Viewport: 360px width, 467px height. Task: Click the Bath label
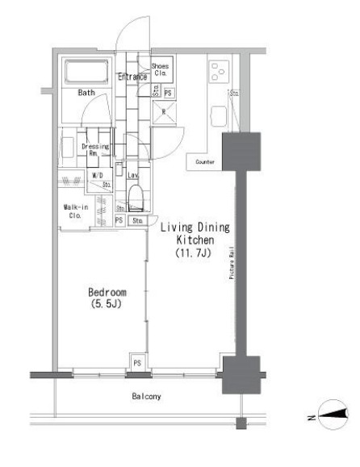pyautogui.click(x=86, y=93)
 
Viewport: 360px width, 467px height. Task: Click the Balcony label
pyautogui.click(x=148, y=397)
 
